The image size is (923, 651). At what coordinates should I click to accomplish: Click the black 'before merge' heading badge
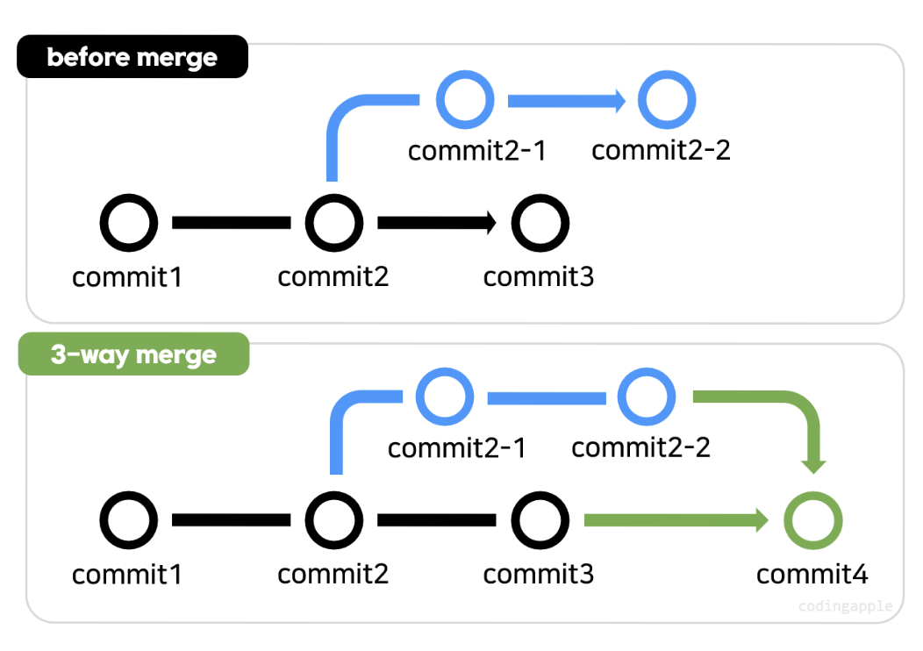[x=132, y=57]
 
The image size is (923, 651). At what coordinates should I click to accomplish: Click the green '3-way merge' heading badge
[x=133, y=354]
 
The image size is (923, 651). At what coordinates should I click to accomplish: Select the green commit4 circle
[x=812, y=520]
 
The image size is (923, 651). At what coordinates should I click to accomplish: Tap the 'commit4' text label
[x=812, y=575]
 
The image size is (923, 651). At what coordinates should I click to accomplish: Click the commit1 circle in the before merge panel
[x=129, y=223]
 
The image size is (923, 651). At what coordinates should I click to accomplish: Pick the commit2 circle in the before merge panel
[x=334, y=223]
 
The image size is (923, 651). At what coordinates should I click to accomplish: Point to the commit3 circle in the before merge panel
[x=540, y=223]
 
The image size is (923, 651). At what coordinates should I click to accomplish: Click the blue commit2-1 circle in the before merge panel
[x=465, y=100]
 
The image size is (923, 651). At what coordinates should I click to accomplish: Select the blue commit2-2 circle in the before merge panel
[x=667, y=100]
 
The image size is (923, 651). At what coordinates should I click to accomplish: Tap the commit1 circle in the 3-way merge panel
[x=129, y=520]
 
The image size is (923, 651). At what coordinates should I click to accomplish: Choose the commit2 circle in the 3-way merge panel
[x=334, y=520]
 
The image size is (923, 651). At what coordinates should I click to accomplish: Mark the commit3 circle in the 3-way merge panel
[x=540, y=520]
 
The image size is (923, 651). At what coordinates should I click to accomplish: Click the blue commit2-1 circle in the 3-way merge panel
[x=445, y=397]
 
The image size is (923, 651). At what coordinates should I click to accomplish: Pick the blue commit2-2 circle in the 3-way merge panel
[x=647, y=397]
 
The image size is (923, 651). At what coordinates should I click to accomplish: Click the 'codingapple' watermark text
[x=845, y=606]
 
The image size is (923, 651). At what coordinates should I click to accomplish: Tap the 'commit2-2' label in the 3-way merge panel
[x=640, y=447]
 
